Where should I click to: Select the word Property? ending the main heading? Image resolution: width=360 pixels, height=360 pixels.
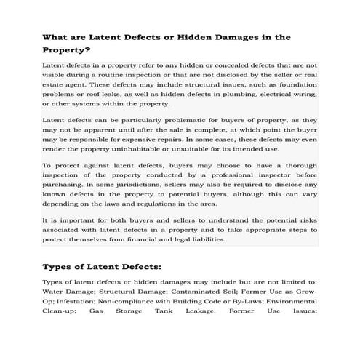point(67,51)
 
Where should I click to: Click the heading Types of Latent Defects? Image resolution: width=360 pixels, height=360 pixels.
point(103,266)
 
